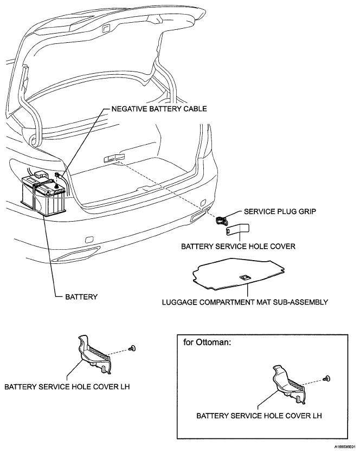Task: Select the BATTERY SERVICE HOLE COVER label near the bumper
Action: (x=237, y=245)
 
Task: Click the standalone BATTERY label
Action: (x=81, y=297)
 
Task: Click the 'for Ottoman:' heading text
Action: (x=208, y=343)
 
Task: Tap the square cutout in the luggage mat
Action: (x=245, y=277)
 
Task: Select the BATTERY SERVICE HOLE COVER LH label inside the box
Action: (x=259, y=416)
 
